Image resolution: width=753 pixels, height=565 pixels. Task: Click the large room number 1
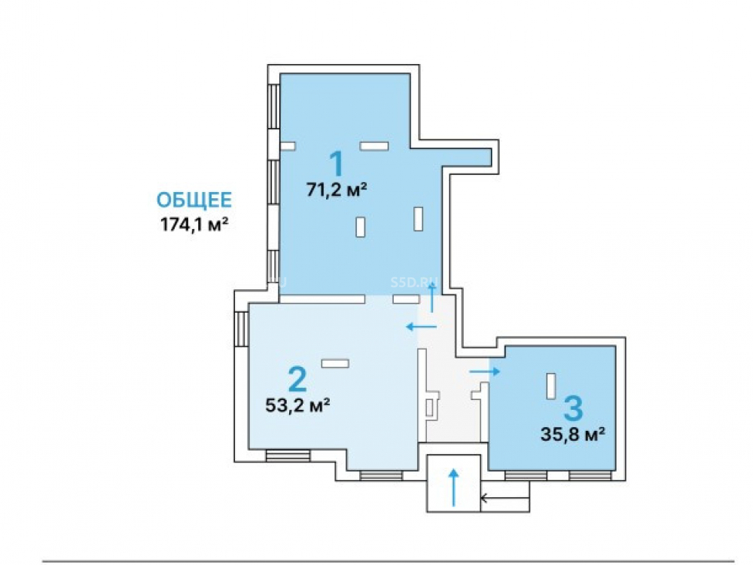[337, 163]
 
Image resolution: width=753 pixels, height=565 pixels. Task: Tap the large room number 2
[297, 379]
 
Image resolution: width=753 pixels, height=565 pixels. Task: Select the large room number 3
[573, 408]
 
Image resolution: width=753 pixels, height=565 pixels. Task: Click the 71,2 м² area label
[337, 191]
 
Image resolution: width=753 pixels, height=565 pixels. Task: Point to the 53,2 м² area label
[297, 405]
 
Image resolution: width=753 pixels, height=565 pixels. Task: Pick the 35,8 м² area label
[572, 435]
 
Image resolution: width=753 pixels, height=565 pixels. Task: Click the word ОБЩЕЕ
[194, 200]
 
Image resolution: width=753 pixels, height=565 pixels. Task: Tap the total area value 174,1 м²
[194, 224]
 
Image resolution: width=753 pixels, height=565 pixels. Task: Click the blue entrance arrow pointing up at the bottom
[453, 487]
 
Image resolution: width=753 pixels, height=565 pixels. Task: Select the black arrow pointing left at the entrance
[505, 498]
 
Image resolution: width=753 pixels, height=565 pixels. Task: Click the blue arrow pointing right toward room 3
[484, 371]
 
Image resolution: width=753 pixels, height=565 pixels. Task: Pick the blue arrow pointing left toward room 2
[421, 327]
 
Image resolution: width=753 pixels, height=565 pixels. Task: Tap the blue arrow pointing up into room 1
[432, 298]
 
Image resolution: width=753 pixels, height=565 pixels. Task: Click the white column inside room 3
[551, 386]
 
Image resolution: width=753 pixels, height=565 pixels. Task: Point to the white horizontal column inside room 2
[335, 364]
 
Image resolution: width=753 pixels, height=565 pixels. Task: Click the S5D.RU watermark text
[408, 282]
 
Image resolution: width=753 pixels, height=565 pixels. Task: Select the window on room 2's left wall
[241, 328]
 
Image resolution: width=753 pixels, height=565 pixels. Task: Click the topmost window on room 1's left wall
[274, 107]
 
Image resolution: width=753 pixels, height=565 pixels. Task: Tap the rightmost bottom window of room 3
[590, 475]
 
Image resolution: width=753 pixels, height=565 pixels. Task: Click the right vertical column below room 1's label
[418, 218]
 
